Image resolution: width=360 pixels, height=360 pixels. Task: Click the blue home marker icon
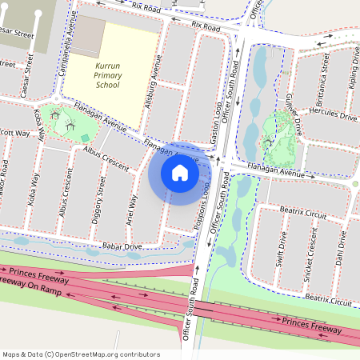click(x=180, y=172)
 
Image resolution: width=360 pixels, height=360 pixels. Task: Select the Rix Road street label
click(x=205, y=26)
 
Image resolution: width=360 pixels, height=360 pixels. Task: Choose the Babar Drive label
click(x=121, y=247)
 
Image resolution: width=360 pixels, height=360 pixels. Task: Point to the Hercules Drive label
click(x=337, y=116)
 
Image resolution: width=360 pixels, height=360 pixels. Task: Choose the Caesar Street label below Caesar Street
click(x=29, y=74)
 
